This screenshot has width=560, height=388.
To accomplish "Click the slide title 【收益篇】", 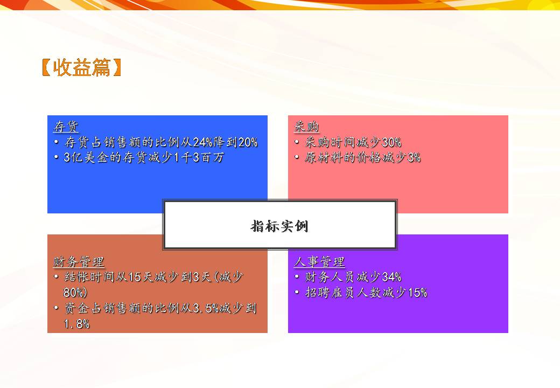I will click(x=81, y=67).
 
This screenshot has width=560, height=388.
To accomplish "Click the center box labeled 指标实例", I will click(x=279, y=226).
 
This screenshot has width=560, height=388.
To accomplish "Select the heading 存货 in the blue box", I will click(x=66, y=127).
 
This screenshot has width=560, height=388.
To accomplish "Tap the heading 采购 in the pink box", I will click(x=306, y=127).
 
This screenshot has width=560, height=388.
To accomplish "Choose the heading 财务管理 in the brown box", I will click(x=79, y=262).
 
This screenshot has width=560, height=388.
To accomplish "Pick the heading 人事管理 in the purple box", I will click(x=319, y=262).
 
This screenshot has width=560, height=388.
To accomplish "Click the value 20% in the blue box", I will click(x=248, y=143).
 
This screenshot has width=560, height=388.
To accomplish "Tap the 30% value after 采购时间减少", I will click(x=391, y=143).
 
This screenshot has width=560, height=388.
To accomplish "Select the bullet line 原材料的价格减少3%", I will click(x=362, y=158).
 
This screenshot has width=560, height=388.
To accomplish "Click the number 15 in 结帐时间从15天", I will click(x=135, y=278).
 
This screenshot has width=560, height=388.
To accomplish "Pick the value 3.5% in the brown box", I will click(x=206, y=308).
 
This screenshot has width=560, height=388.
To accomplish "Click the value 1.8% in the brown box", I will click(x=76, y=324).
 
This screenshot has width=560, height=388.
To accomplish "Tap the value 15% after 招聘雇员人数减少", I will click(x=417, y=293).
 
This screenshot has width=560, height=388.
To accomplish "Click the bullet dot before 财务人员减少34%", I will click(x=298, y=278).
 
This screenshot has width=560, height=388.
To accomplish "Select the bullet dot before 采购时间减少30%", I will click(x=298, y=143).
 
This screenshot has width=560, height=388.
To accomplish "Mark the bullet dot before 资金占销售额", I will click(x=57, y=308).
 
